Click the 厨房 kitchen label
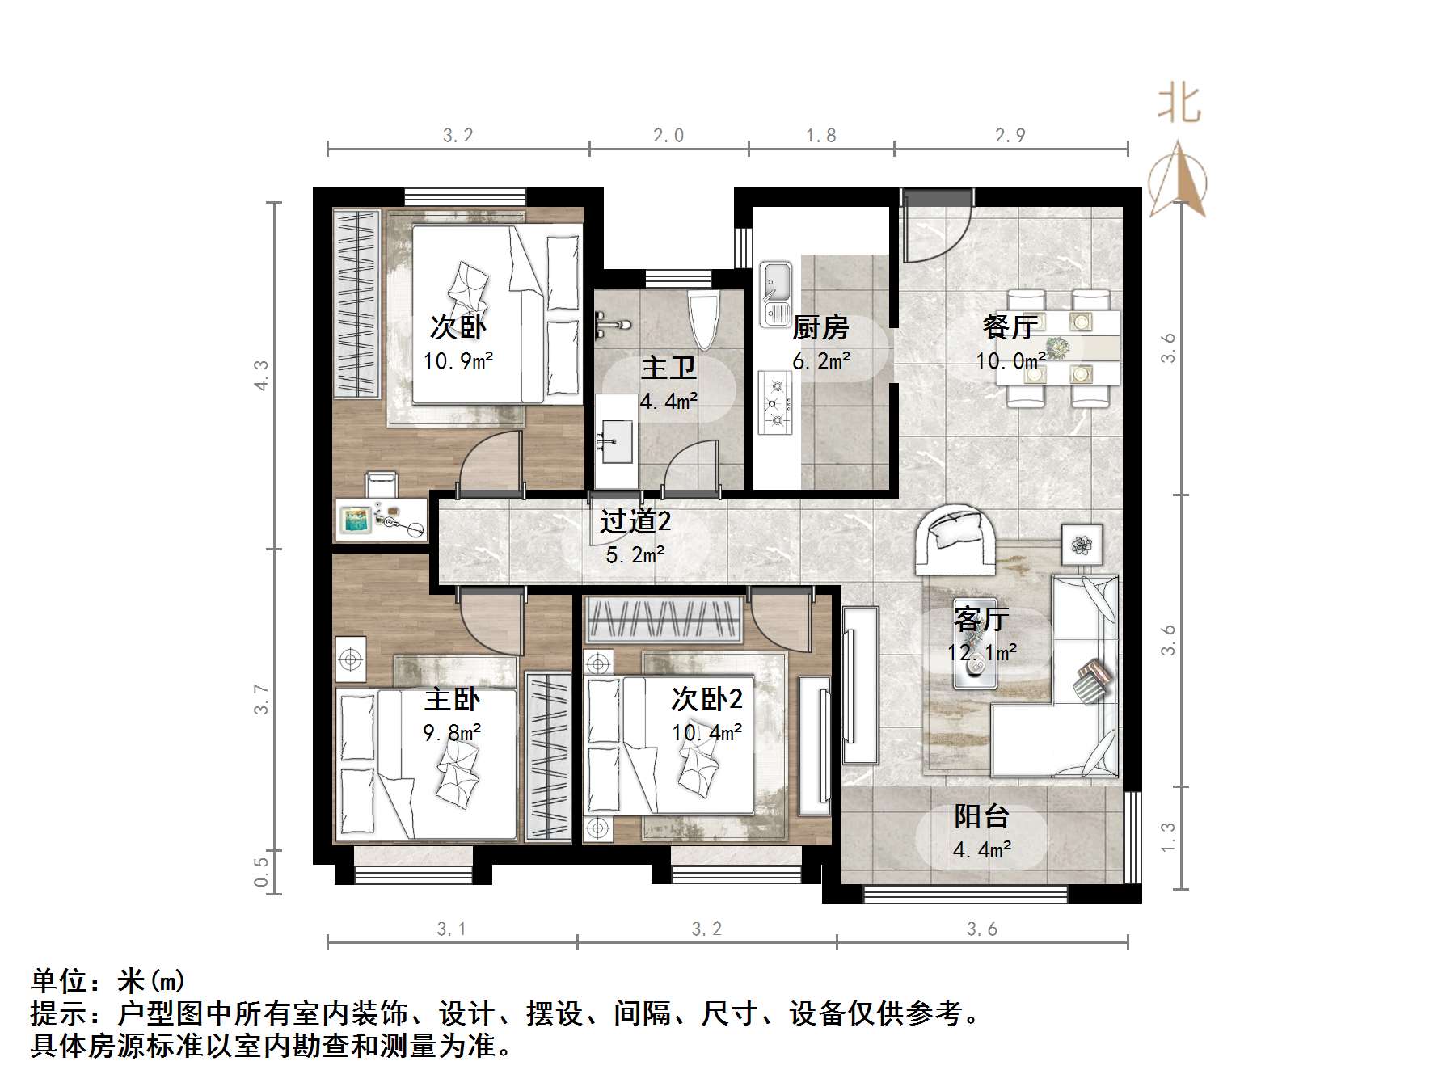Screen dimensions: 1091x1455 click(x=820, y=328)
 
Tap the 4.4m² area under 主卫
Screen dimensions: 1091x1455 click(x=668, y=401)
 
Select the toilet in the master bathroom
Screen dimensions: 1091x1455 click(x=703, y=319)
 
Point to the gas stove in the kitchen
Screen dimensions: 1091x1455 click(x=775, y=402)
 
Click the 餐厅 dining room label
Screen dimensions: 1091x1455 click(x=1010, y=326)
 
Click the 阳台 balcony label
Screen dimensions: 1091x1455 click(x=981, y=816)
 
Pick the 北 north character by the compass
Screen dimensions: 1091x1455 click(x=1179, y=104)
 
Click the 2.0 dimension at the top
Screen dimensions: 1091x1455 click(x=668, y=135)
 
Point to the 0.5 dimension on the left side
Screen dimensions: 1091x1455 click(x=261, y=872)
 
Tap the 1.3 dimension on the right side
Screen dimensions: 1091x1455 click(x=1168, y=837)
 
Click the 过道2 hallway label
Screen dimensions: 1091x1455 click(x=635, y=521)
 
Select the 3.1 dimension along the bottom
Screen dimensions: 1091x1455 click(x=451, y=929)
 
